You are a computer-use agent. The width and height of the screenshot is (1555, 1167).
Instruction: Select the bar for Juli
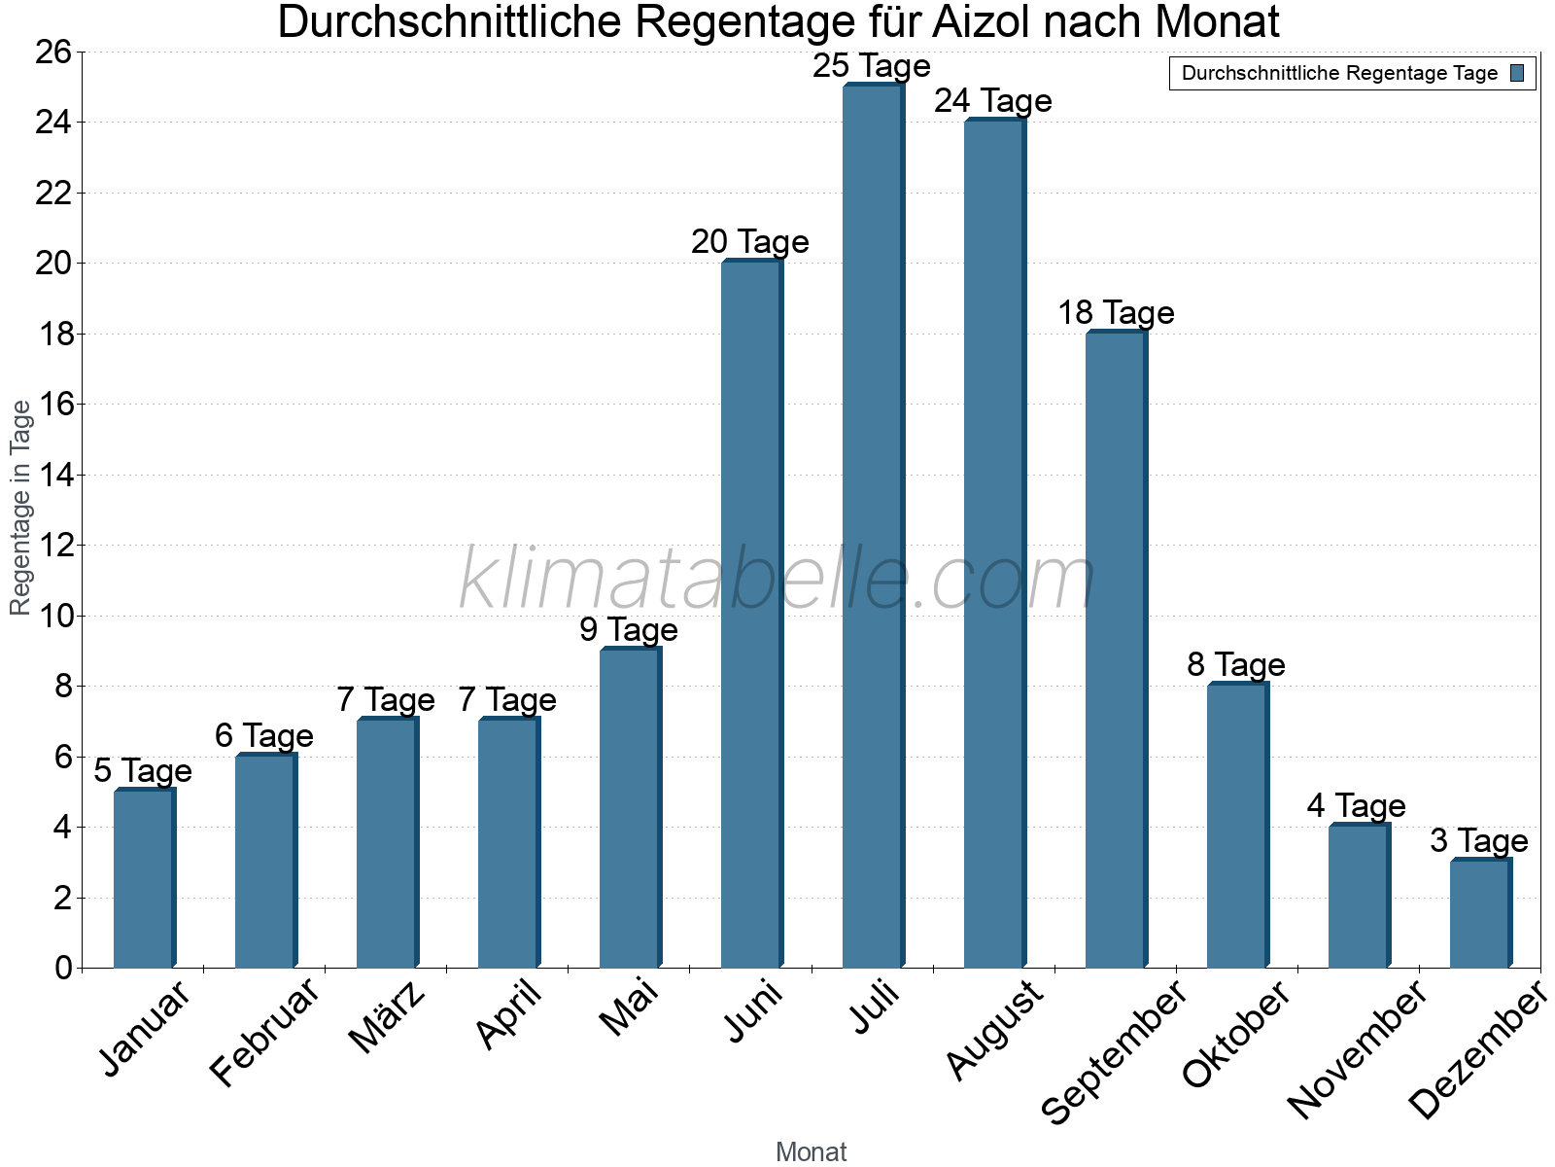[873, 525]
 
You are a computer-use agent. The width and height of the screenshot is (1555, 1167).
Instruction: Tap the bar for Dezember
[1480, 913]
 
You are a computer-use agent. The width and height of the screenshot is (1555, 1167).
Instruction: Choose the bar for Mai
[630, 808]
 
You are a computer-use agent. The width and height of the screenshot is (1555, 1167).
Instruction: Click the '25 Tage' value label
[872, 66]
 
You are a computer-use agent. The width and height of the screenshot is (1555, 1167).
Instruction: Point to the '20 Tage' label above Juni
[750, 242]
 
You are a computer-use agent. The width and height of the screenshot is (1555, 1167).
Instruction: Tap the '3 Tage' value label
[1479, 841]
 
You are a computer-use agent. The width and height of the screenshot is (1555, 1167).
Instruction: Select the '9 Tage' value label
[629, 630]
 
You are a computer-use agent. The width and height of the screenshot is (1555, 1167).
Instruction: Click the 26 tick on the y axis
[53, 52]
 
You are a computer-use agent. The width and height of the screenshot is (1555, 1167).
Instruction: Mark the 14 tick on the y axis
[53, 475]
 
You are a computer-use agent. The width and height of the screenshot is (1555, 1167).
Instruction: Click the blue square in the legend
[1518, 73]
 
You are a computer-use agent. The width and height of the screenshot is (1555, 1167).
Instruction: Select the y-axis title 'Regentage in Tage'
[20, 508]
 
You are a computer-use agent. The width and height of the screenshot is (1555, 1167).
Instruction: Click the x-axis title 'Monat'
[812, 1152]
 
